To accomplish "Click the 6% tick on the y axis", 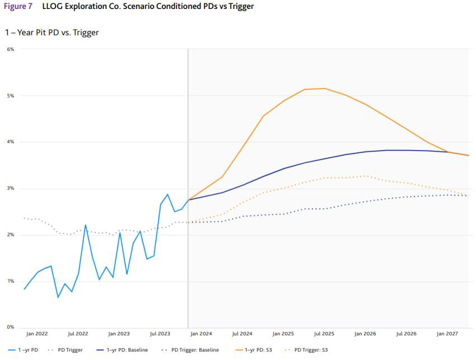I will click(10, 49).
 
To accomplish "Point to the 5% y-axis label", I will click(10, 96).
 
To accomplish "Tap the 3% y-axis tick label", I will click(10, 189).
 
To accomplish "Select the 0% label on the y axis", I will click(10, 328).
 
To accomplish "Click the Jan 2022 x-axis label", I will click(37, 334).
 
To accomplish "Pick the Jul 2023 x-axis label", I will click(160, 334).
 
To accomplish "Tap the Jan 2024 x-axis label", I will click(201, 334).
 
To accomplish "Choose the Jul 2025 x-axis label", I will click(324, 334).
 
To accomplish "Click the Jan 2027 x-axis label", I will click(447, 334).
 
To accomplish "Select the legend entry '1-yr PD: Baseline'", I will click(127, 350).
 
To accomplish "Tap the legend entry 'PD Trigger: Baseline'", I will click(195, 350).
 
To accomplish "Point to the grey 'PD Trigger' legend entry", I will click(70, 350).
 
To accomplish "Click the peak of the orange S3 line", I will click(325, 88).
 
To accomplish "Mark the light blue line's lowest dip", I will click(58, 297).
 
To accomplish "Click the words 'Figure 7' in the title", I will click(18, 7).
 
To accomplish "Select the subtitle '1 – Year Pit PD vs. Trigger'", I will click(52, 32).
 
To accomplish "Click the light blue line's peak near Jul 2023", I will click(167, 194).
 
